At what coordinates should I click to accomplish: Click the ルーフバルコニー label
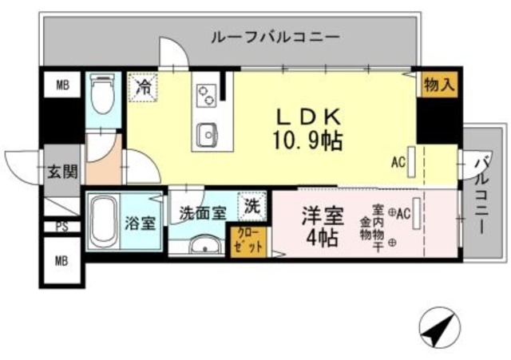coord(275,37)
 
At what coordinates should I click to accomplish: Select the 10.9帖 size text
coord(310,140)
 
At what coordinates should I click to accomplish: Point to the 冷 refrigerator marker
coord(144,85)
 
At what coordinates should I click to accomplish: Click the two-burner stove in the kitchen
coord(205,94)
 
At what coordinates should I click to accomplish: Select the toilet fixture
coord(101,95)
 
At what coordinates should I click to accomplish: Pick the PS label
coord(61,226)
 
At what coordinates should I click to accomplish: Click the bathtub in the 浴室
coord(102,220)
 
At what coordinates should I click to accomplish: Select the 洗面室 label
coord(201,213)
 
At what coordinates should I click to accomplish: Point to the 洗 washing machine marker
coord(252,205)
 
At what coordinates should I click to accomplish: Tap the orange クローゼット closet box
coord(249,241)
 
